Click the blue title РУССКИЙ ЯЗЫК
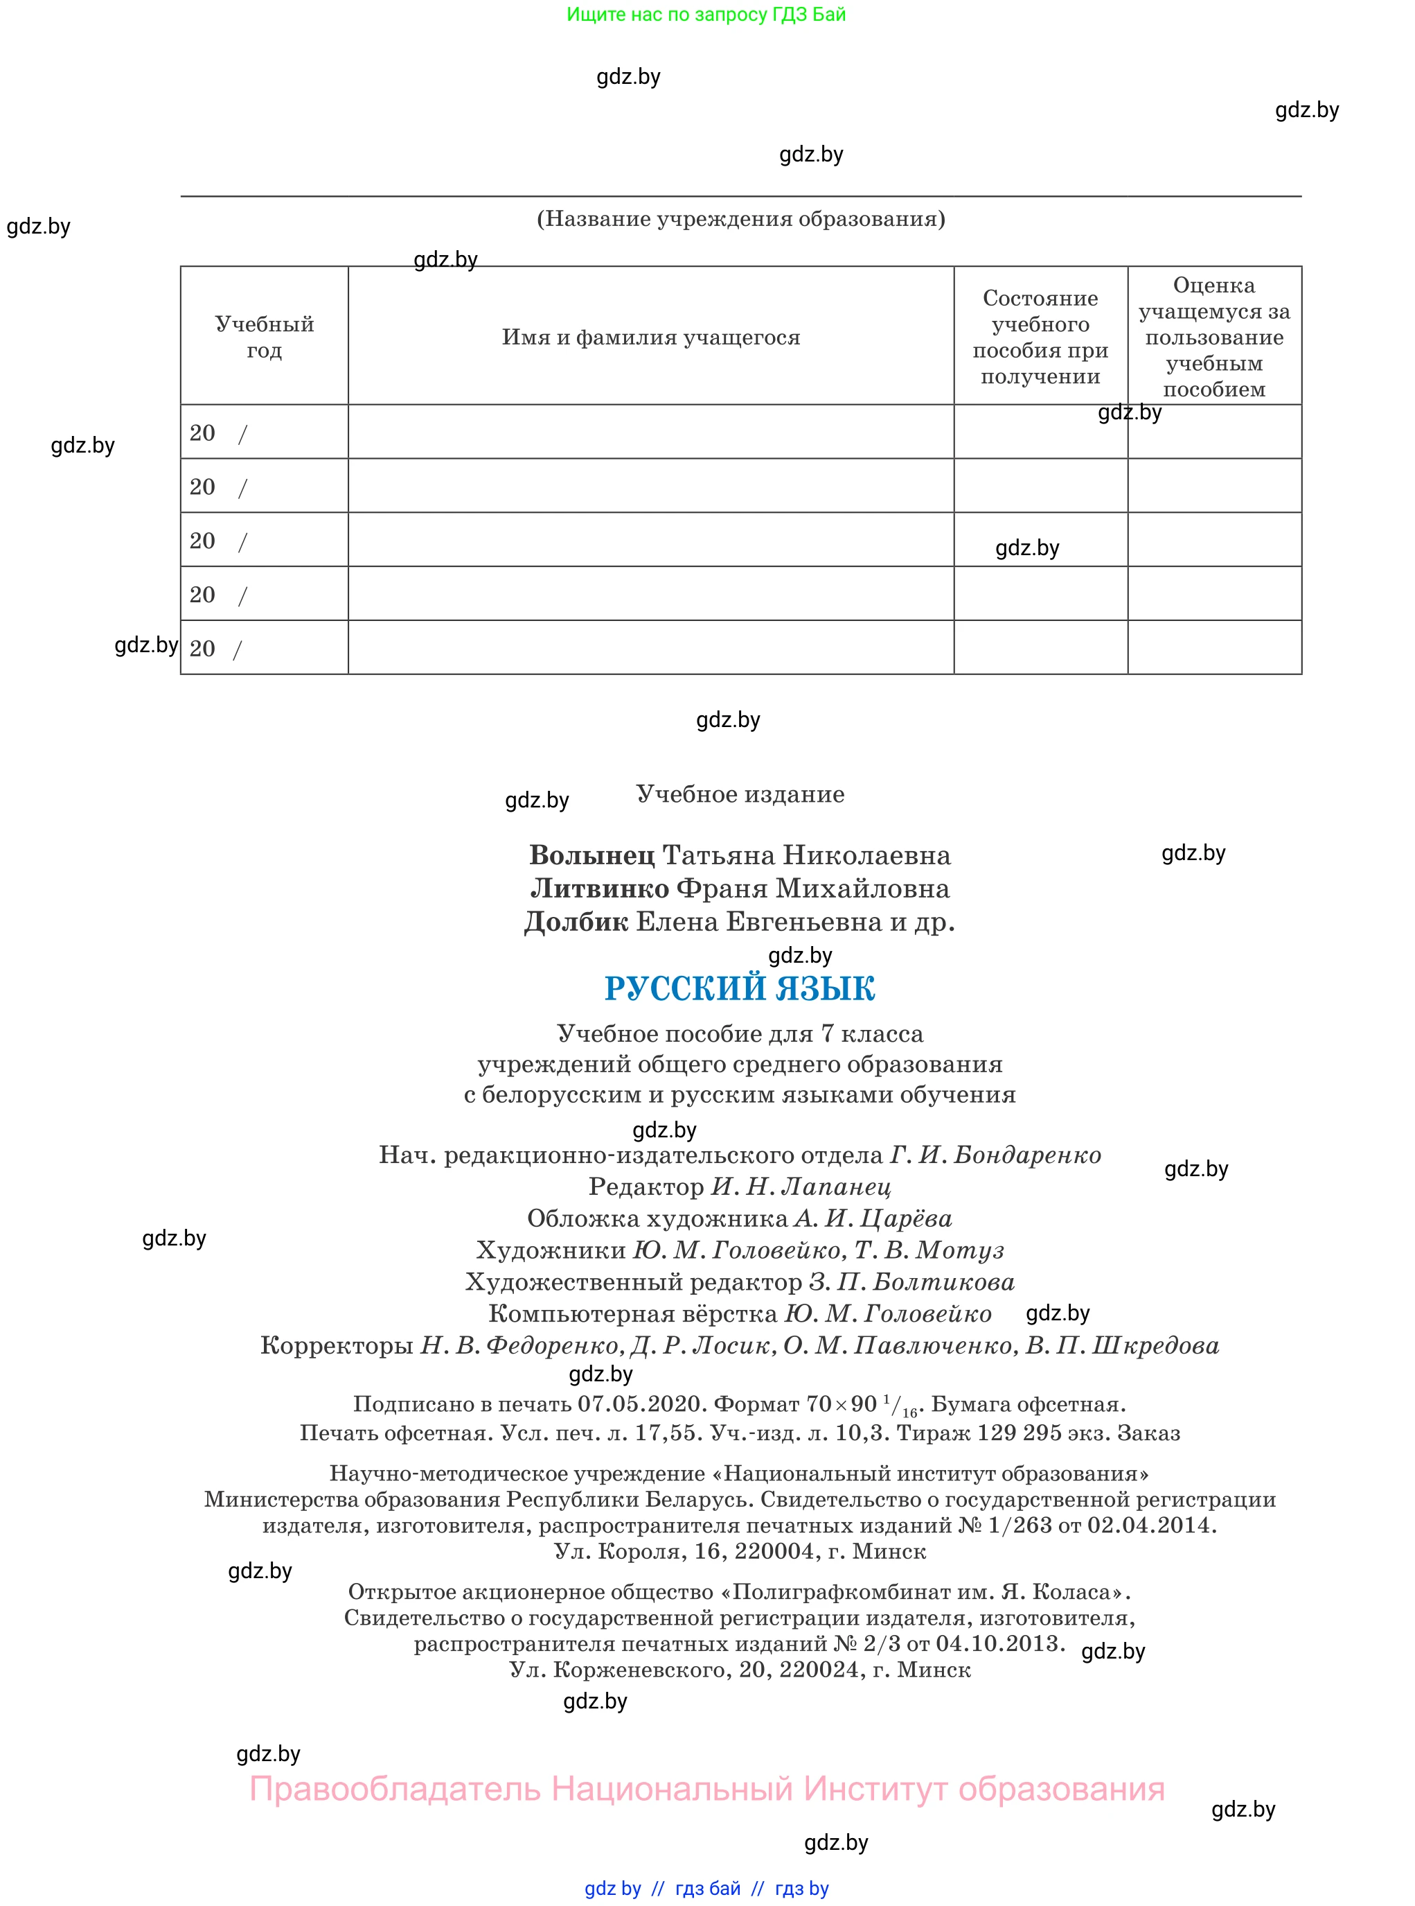(739, 988)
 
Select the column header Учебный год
(264, 337)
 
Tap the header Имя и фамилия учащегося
(651, 337)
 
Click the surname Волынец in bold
(592, 855)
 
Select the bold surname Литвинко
(600, 889)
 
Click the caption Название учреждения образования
(741, 220)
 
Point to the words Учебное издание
(740, 794)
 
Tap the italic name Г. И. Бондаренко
(995, 1155)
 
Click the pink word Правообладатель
(395, 1790)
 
